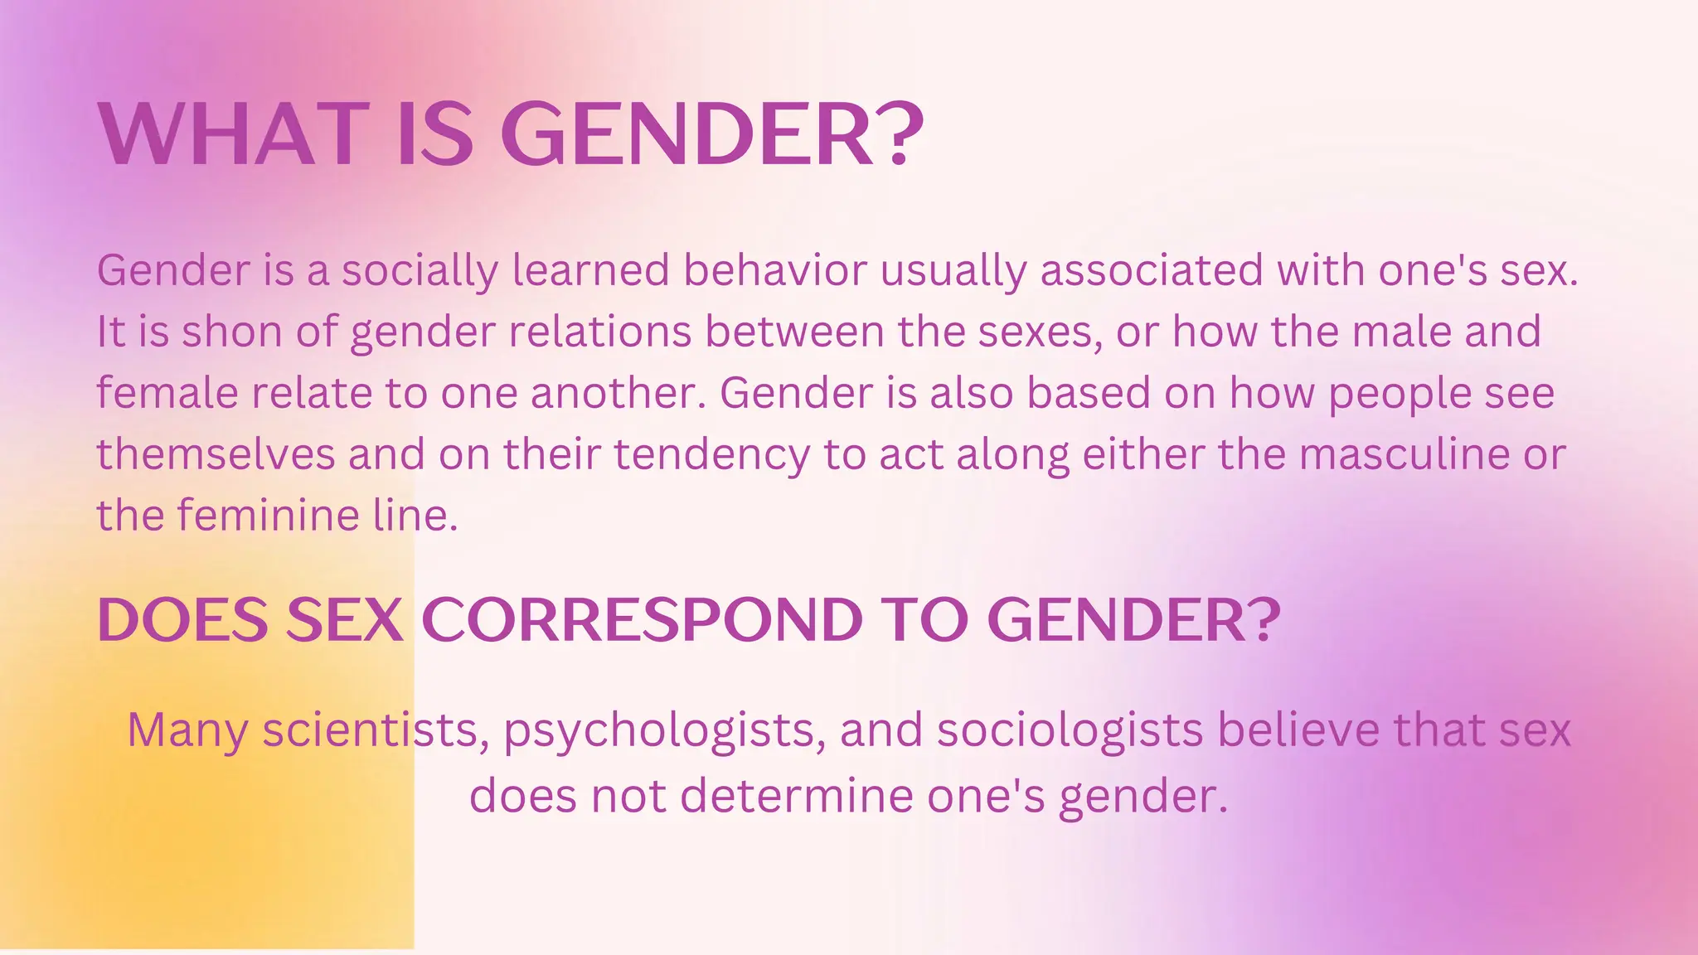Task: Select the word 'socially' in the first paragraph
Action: [420, 271]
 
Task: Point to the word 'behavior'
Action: [774, 270]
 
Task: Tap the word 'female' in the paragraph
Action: [167, 393]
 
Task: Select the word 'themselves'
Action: [216, 454]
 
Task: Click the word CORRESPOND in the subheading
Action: [643, 620]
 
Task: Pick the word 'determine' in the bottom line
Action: [796, 796]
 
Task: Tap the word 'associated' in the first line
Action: [1152, 270]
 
